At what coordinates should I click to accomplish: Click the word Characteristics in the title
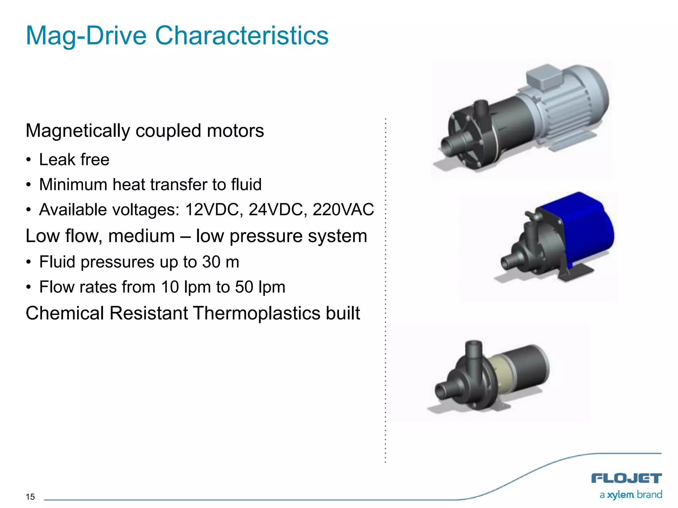(x=242, y=36)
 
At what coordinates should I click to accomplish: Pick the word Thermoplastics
(x=257, y=313)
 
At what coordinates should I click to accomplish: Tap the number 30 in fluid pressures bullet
(x=211, y=262)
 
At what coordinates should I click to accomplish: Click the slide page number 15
(x=30, y=497)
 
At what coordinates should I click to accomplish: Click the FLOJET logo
(x=626, y=478)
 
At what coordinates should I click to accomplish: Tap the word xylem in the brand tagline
(x=620, y=495)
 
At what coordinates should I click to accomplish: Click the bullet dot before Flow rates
(x=29, y=287)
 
